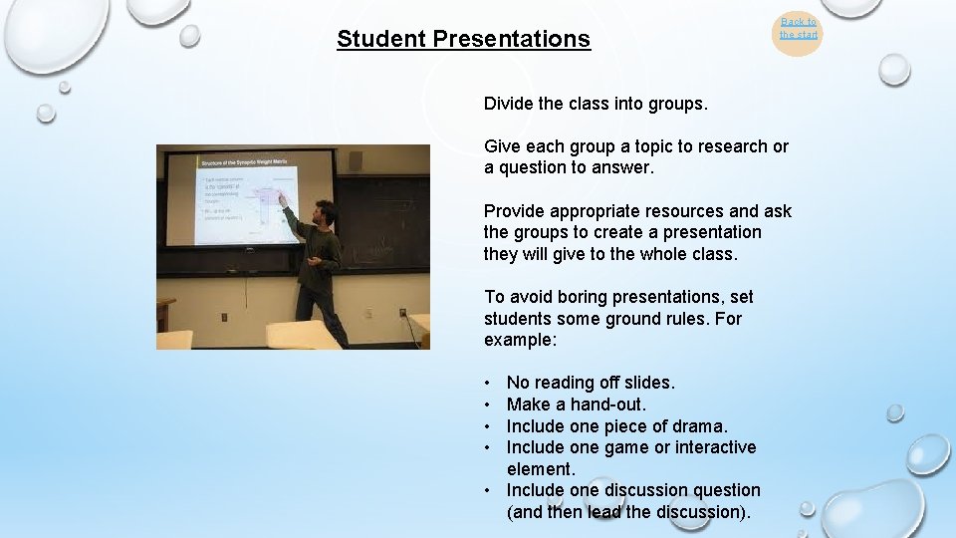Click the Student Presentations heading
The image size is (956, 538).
tap(463, 39)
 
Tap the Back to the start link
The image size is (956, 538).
tap(798, 28)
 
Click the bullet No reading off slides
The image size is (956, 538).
tap(591, 383)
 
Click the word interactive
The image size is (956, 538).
tap(715, 447)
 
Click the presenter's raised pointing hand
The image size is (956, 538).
tap(282, 198)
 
